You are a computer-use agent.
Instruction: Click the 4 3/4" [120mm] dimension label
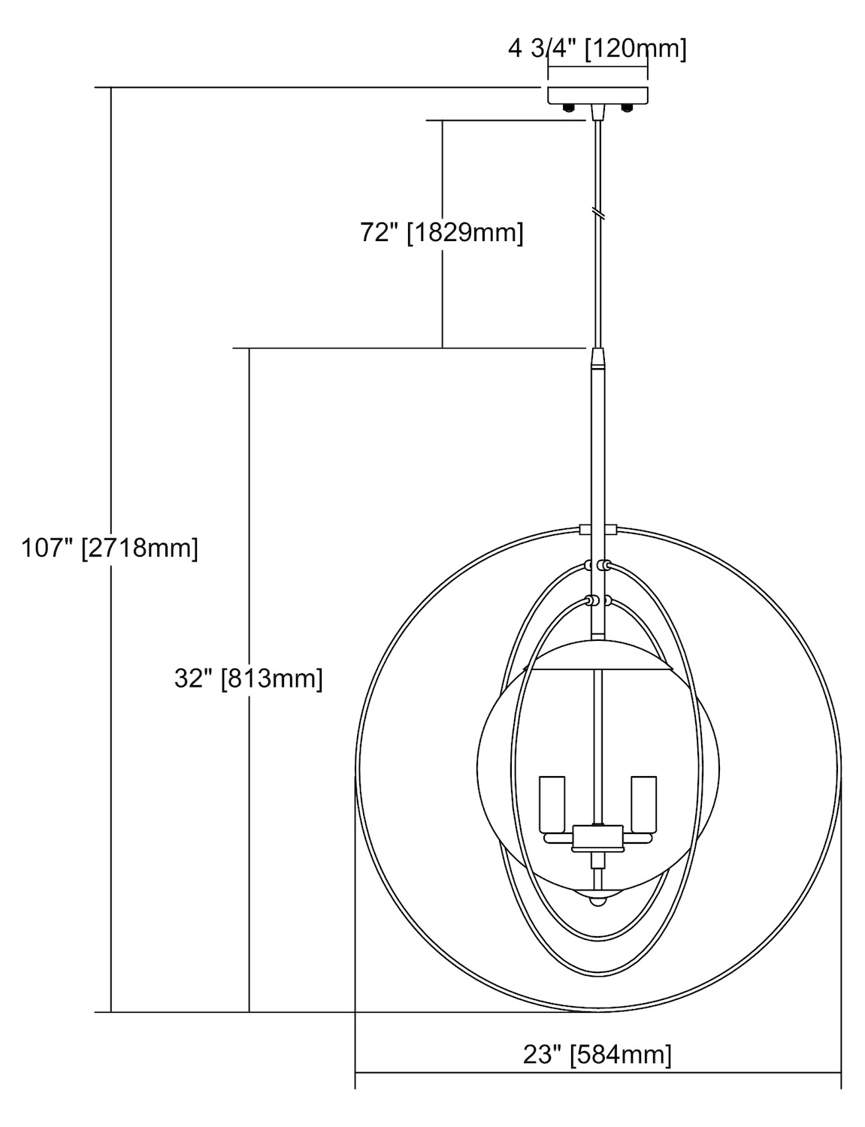click(x=597, y=50)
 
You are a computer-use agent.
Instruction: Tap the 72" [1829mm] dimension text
click(x=442, y=232)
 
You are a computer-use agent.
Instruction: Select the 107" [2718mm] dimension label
click(x=110, y=548)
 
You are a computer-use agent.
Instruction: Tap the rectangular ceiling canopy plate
click(x=598, y=94)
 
